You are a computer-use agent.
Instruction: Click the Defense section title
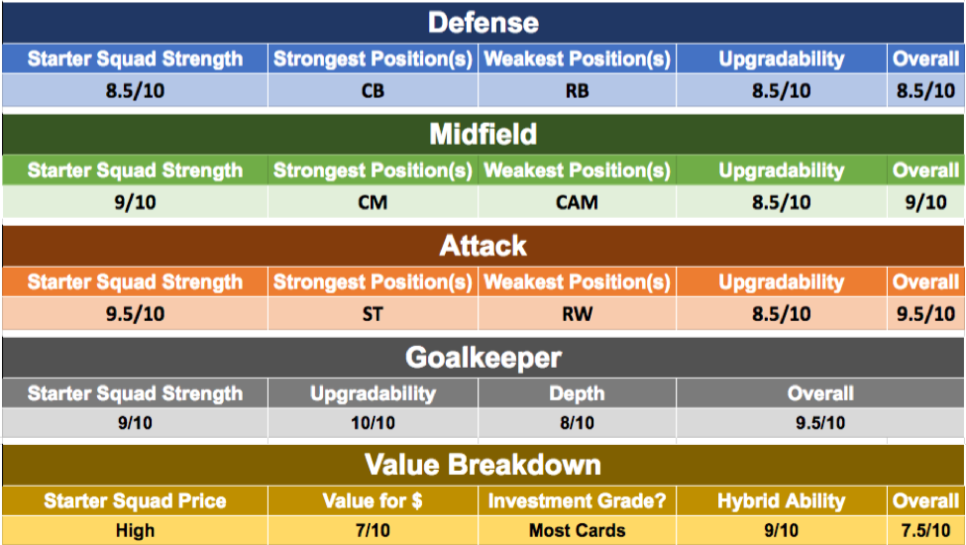tap(483, 23)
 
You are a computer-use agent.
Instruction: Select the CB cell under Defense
tap(373, 91)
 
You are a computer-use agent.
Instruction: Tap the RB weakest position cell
tap(578, 91)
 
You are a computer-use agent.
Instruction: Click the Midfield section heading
tap(483, 134)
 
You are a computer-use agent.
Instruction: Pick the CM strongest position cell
tap(373, 202)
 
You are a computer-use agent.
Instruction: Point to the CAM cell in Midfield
tap(578, 202)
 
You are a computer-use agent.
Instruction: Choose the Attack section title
tap(483, 246)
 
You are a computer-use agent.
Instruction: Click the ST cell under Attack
tap(373, 314)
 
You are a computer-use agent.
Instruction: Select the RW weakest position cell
tap(578, 314)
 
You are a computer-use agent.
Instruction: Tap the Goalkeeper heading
tap(483, 358)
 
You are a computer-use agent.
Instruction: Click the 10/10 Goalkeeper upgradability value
tap(373, 423)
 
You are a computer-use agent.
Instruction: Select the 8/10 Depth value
tap(578, 423)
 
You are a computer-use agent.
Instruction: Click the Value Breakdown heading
tap(483, 465)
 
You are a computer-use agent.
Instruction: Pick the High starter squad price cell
tap(135, 530)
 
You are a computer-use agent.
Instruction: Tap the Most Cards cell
tap(578, 530)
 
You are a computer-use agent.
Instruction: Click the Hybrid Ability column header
tap(781, 501)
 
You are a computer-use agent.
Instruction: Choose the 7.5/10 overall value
tap(926, 530)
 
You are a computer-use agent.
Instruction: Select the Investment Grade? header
tap(578, 501)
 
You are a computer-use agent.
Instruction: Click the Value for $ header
tap(373, 501)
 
